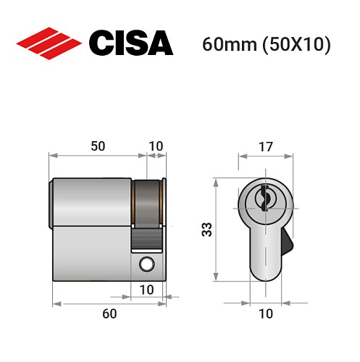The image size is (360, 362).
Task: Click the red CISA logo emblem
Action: (x=49, y=43)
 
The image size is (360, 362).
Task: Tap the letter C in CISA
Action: (x=101, y=43)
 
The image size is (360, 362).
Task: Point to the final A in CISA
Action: (x=161, y=43)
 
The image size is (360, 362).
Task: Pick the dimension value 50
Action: (x=98, y=146)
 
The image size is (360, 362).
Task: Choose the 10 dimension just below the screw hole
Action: (x=148, y=290)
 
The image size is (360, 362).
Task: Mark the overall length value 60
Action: (x=109, y=313)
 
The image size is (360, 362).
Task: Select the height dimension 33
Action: (x=207, y=230)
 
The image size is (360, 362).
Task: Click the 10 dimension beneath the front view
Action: (x=265, y=313)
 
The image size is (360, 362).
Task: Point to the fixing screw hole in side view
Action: (x=148, y=264)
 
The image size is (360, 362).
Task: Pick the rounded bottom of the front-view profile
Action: (x=265, y=274)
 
